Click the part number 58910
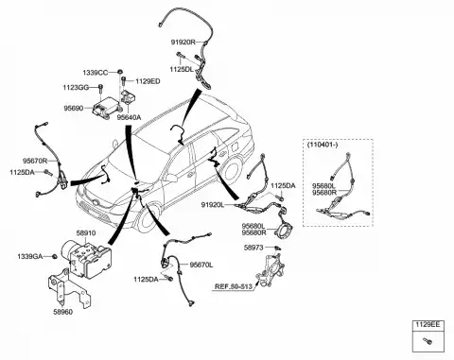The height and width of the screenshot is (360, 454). coord(86,233)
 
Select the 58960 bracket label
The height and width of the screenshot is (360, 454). coord(62,312)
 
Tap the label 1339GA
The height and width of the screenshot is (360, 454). coord(30,257)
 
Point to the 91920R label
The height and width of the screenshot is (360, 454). coord(183,42)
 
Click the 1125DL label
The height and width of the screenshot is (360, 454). coord(182,69)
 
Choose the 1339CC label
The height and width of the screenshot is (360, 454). coord(96,73)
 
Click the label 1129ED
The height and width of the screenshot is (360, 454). coord(148,81)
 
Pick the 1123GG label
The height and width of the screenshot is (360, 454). coord(76,88)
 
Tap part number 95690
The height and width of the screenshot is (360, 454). coord(74,109)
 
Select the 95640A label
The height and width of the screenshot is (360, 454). coord(129,117)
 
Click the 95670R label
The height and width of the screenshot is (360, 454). coord(35,161)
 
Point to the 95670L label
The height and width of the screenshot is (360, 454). coord(201,266)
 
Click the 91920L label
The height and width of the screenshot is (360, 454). coord(213,205)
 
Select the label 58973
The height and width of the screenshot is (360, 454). coord(253,248)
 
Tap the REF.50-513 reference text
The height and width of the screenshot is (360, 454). coord(234,286)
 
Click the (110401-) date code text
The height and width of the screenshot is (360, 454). coord(322,145)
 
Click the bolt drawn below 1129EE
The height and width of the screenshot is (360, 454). coord(428,341)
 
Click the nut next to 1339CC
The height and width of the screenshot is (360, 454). coord(120,72)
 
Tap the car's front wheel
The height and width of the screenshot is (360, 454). coord(148,218)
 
